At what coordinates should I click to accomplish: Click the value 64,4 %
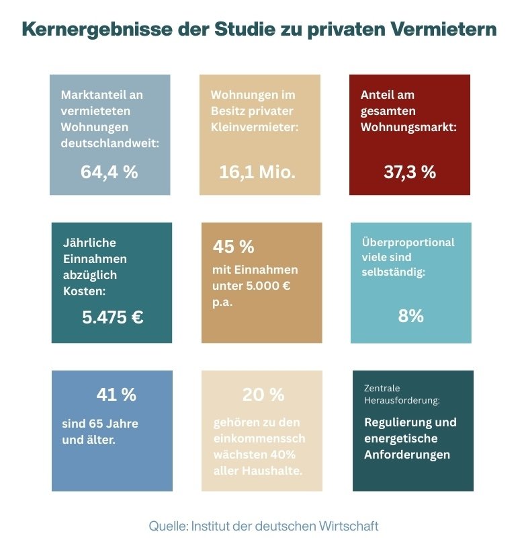click(109, 171)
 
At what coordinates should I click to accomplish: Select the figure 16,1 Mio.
click(257, 171)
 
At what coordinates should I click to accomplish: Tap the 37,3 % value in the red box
click(410, 171)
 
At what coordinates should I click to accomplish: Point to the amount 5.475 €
click(112, 317)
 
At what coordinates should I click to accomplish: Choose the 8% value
click(410, 316)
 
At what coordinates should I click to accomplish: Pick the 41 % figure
click(116, 395)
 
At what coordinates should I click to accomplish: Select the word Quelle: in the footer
click(169, 525)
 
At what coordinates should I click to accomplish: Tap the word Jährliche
click(89, 243)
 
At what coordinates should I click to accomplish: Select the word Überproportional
click(408, 242)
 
